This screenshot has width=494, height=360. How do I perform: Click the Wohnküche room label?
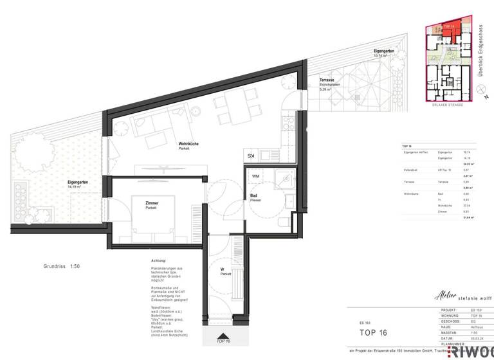(188, 145)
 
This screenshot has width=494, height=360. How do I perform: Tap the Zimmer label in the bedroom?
(152, 204)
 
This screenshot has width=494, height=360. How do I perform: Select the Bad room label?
(255, 195)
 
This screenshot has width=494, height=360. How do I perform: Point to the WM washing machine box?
(255, 175)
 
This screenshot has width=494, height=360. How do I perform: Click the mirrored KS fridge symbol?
(250, 156)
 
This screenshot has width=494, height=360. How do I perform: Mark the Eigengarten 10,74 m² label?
(384, 51)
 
